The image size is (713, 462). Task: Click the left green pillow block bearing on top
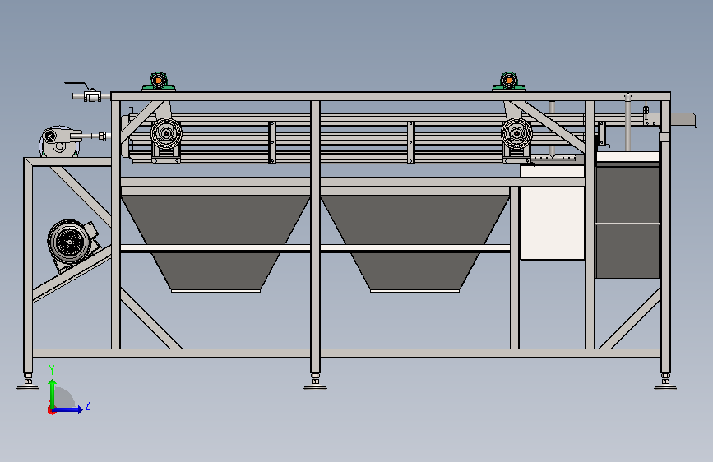tap(159, 81)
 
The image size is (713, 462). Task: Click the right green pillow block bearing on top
tap(509, 81)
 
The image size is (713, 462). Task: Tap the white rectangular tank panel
tap(552, 223)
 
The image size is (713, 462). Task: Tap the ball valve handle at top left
tap(79, 85)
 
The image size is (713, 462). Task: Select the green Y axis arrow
tap(52, 390)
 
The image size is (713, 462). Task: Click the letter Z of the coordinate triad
tap(87, 404)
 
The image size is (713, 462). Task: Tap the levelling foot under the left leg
tap(28, 381)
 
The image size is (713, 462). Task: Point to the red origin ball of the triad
tap(52, 409)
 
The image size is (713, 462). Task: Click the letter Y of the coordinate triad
tap(52, 369)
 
